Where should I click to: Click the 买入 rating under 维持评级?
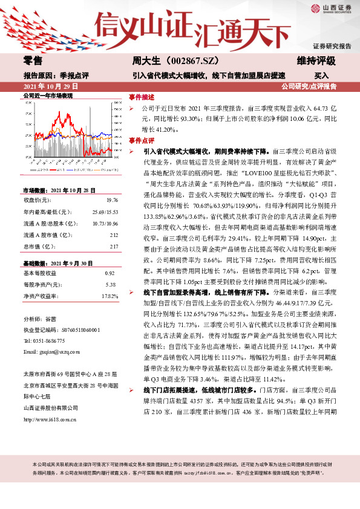tap(321, 76)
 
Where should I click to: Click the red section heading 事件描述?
tap(142, 97)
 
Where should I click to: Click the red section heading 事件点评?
tap(142, 140)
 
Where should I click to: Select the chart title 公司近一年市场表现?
tap(47, 96)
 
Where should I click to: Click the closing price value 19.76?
tap(112, 199)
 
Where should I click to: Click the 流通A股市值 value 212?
tap(114, 235)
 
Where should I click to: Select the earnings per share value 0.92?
tap(110, 273)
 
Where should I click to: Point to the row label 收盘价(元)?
tap(36, 199)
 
